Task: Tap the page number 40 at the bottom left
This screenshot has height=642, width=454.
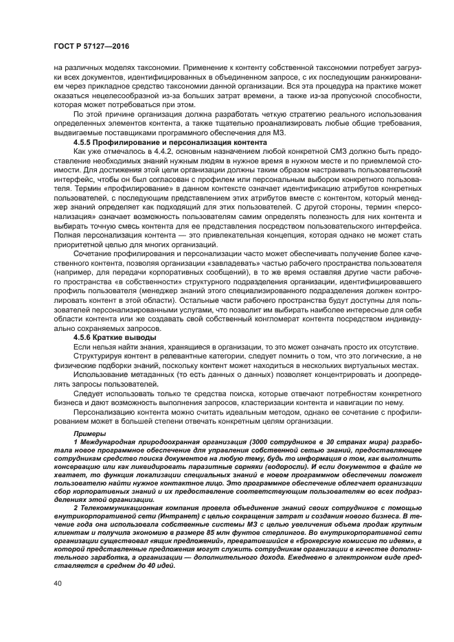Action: click(x=58, y=584)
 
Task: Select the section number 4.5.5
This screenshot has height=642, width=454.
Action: click(x=86, y=141)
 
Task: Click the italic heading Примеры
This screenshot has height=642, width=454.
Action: click(x=89, y=435)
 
